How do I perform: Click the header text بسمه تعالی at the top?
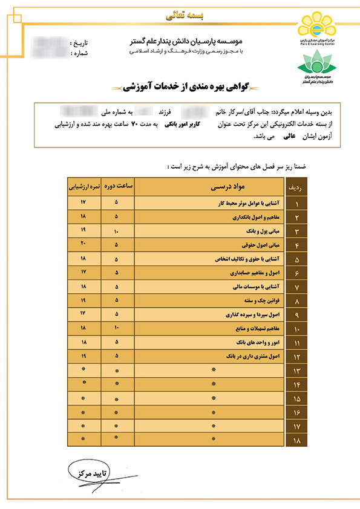pyautogui.click(x=180, y=11)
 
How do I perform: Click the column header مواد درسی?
pyautogui.click(x=217, y=186)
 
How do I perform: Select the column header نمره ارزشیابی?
pyautogui.click(x=82, y=186)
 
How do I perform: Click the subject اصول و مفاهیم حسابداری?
pyautogui.click(x=249, y=273)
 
